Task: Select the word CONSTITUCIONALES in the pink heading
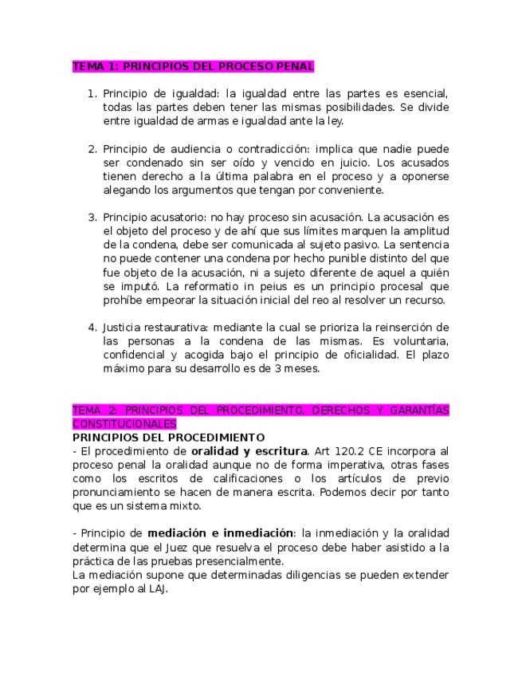pos(124,424)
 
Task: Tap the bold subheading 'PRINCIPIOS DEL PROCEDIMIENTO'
pos(168,438)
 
